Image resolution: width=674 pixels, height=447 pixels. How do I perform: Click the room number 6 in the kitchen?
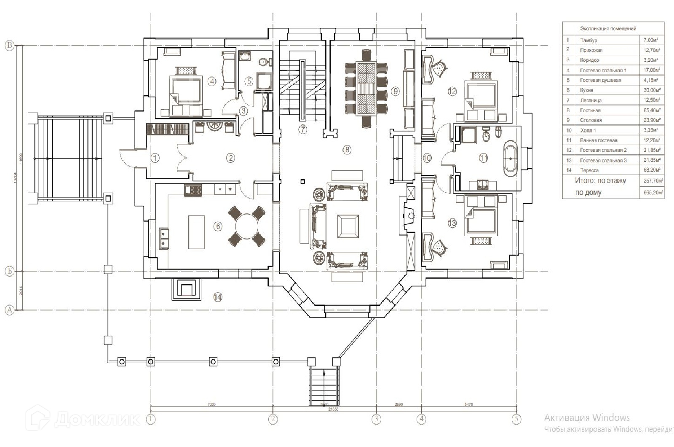pyautogui.click(x=217, y=226)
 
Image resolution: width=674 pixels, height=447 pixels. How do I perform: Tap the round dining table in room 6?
pyautogui.click(x=247, y=226)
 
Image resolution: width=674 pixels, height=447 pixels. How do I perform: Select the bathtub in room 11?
pyautogui.click(x=511, y=159)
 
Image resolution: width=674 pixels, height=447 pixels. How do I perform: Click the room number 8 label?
pyautogui.click(x=347, y=149)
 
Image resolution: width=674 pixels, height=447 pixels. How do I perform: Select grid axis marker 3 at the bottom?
pyautogui.click(x=376, y=419)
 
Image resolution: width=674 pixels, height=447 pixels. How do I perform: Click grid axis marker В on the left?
pyautogui.click(x=9, y=46)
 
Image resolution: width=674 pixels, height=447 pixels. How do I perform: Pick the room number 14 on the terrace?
pyautogui.click(x=217, y=297)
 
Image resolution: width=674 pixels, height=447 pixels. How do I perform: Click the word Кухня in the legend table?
pyautogui.click(x=586, y=90)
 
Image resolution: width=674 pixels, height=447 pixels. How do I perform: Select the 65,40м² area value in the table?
pyautogui.click(x=651, y=110)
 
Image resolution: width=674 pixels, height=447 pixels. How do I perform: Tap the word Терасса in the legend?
pyautogui.click(x=589, y=170)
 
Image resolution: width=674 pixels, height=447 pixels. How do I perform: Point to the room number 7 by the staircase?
pyautogui.click(x=302, y=129)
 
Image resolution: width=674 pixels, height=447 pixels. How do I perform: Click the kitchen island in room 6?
pyautogui.click(x=196, y=232)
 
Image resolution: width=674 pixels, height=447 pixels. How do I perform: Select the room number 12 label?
pyautogui.click(x=452, y=91)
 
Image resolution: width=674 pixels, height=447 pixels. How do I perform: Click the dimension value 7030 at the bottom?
pyautogui.click(x=211, y=404)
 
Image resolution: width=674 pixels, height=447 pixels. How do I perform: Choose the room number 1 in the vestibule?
pyautogui.click(x=155, y=158)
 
